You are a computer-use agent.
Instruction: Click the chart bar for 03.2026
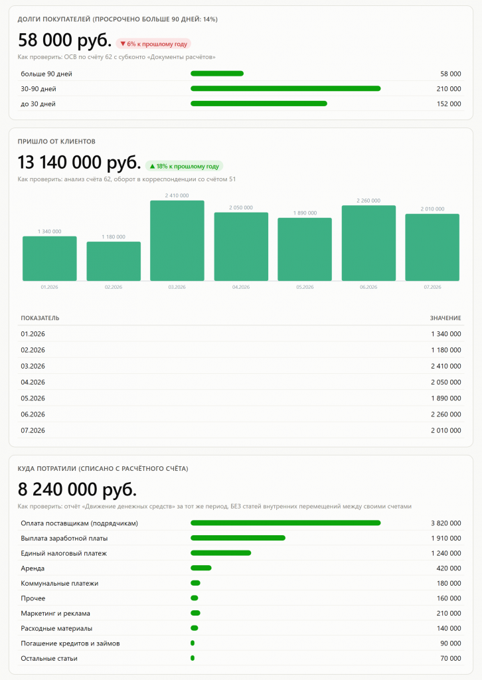coord(177,240)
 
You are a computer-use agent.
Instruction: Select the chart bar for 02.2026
coord(114,261)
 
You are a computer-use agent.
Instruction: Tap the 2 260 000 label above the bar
coord(368,201)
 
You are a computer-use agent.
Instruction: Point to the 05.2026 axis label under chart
coord(305,287)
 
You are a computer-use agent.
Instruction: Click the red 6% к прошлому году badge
coord(153,44)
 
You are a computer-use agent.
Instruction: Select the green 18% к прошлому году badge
coord(184,166)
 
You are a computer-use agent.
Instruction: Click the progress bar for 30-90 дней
coord(285,88)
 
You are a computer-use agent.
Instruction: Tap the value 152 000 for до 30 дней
coord(449,104)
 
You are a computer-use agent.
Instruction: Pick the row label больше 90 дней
coord(46,74)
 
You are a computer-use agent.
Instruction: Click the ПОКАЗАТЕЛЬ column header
coord(40,318)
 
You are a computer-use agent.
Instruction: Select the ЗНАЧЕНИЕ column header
coord(445,318)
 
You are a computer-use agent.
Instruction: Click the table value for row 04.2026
coord(446,382)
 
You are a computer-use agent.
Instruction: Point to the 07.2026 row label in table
coord(33,430)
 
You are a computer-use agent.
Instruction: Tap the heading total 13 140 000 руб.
coord(79,163)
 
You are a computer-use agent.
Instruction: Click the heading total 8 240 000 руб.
coord(77,489)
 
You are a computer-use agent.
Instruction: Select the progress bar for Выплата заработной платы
coord(238,538)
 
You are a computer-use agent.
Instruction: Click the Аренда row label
coord(33,568)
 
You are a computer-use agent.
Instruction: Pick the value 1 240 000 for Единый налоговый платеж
coord(446,553)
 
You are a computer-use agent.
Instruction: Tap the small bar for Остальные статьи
coord(193,658)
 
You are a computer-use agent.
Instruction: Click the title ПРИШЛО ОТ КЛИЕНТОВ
coord(56,141)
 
